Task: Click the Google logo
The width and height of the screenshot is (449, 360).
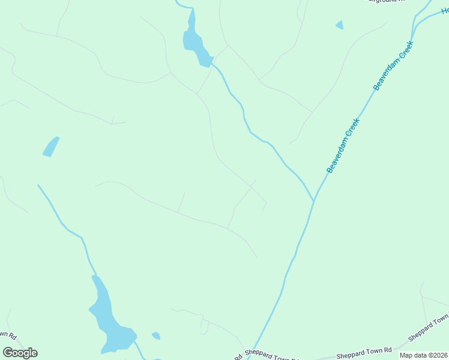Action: click(20, 353)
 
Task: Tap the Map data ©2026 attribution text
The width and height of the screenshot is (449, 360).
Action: click(423, 355)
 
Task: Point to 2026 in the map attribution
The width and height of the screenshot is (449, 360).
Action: click(439, 355)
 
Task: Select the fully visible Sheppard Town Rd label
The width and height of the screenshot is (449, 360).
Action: click(364, 350)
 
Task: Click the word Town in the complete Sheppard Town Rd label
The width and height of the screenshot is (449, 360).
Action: click(366, 350)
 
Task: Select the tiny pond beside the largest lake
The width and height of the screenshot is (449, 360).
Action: click(156, 335)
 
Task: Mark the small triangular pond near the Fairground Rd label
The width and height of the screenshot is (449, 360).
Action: click(340, 25)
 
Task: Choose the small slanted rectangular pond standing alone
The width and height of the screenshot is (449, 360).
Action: click(51, 146)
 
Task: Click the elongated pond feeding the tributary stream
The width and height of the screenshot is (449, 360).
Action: click(195, 42)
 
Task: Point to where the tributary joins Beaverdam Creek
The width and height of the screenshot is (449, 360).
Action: click(314, 201)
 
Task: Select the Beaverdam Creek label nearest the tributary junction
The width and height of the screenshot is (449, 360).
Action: click(343, 145)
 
